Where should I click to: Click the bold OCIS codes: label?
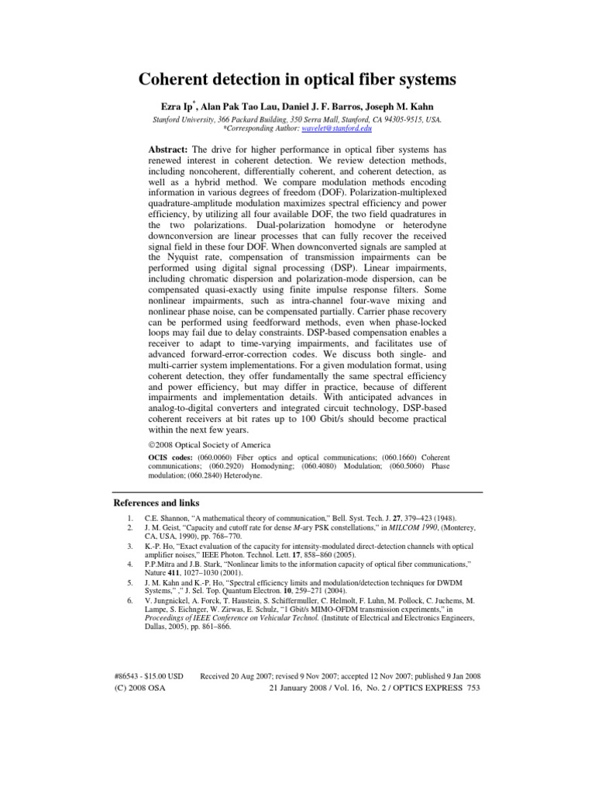point(171,457)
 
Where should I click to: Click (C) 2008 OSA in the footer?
point(139,688)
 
